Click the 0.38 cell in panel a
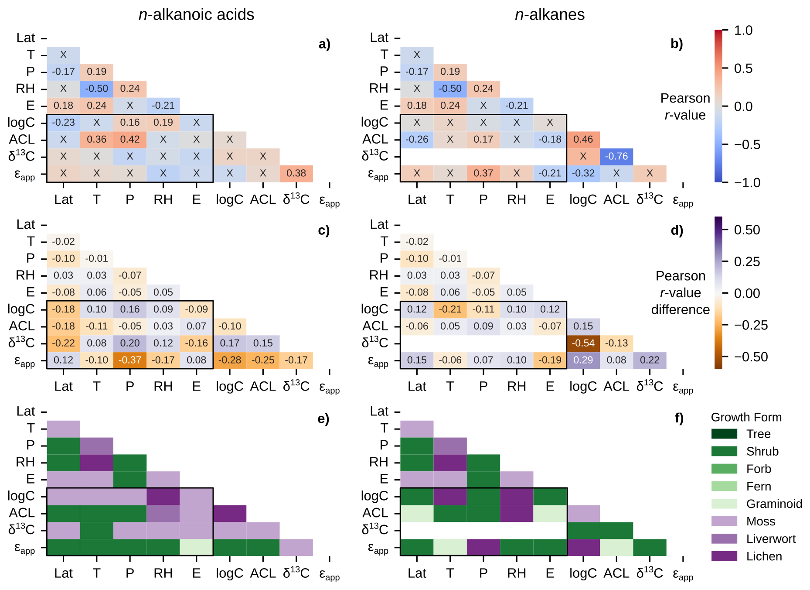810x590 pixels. click(x=296, y=173)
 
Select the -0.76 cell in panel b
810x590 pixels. click(x=616, y=156)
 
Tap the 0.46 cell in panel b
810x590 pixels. click(x=583, y=139)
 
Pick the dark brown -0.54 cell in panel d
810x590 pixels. click(x=583, y=343)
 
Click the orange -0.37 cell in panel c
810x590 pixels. click(x=130, y=360)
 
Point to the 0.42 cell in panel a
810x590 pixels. click(x=130, y=139)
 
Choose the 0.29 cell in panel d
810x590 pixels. click(x=583, y=360)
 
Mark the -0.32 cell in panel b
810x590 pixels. click(x=583, y=173)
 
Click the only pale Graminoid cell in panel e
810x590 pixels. click(x=196, y=547)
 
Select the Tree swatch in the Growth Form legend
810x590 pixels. click(x=724, y=434)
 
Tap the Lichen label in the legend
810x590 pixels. click(x=764, y=556)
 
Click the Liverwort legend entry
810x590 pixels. click(x=771, y=539)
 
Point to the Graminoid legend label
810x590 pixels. click(x=774, y=504)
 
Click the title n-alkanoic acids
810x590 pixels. click(x=196, y=15)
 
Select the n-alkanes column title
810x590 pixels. click(x=550, y=15)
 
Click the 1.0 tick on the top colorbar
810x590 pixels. click(x=743, y=31)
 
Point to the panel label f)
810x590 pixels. click(x=679, y=418)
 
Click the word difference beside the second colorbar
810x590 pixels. click(x=680, y=309)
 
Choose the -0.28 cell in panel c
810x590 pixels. click(x=230, y=360)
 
